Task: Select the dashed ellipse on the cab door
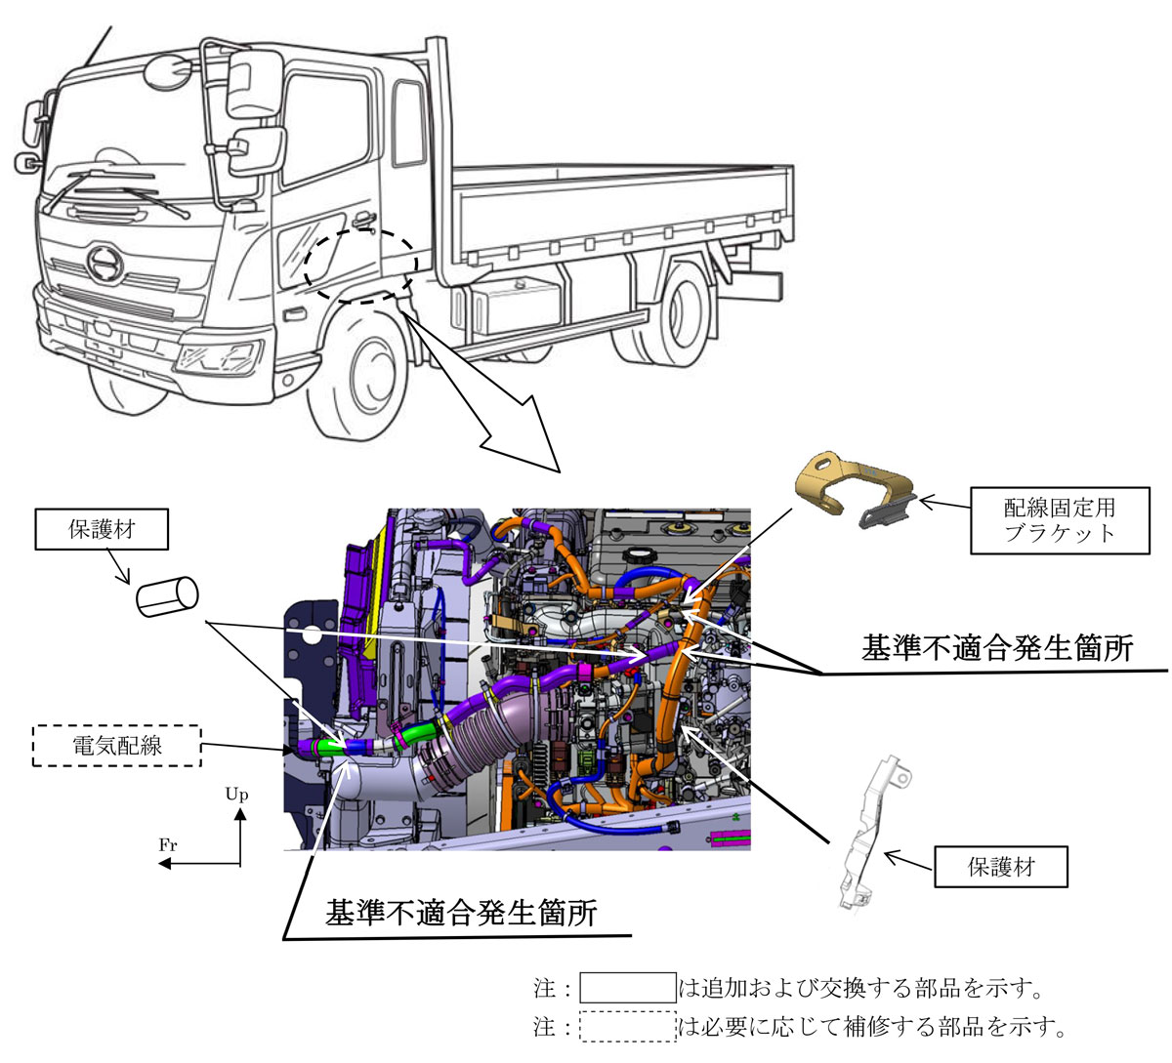tap(359, 266)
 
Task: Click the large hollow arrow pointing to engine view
tap(488, 390)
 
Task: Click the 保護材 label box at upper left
tap(102, 531)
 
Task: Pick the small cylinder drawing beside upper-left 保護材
tap(166, 595)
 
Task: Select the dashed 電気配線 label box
tap(117, 747)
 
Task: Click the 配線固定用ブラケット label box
tap(1060, 521)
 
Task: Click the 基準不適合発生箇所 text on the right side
tap(997, 648)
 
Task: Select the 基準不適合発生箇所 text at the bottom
tap(461, 914)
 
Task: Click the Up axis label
tap(237, 795)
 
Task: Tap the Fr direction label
tap(168, 845)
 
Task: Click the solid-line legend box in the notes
tap(628, 988)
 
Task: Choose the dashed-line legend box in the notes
tap(628, 1027)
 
